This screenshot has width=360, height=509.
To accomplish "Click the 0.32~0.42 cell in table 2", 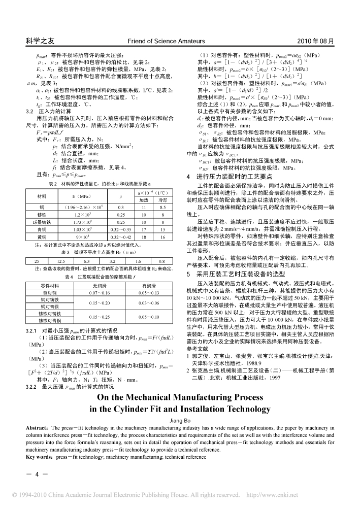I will coord(120,236).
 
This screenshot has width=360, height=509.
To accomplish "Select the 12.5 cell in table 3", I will coord(60,261).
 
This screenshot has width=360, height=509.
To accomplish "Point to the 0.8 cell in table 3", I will coord(162,261).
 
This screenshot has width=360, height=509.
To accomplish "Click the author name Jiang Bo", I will coord(180,420).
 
